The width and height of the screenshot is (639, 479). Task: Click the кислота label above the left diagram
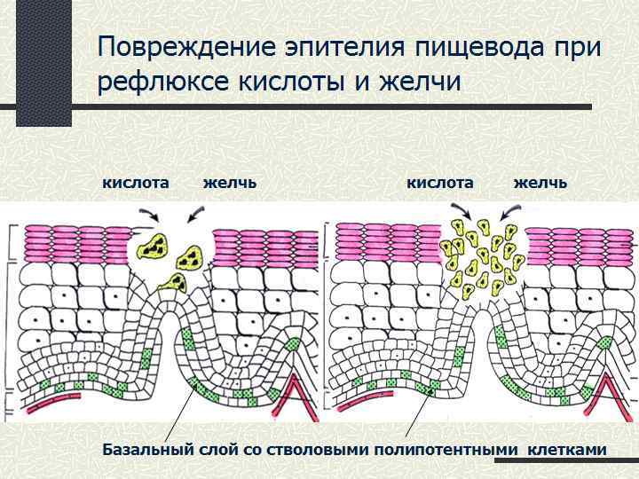[x=137, y=182]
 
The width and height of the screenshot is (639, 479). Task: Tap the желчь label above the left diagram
[x=229, y=182]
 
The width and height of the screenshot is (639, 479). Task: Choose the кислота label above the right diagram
[x=439, y=182]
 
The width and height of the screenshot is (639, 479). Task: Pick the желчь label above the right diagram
[x=540, y=182]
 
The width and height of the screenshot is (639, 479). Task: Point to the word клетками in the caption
[x=567, y=450]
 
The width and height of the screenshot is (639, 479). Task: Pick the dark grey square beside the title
[x=43, y=62]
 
